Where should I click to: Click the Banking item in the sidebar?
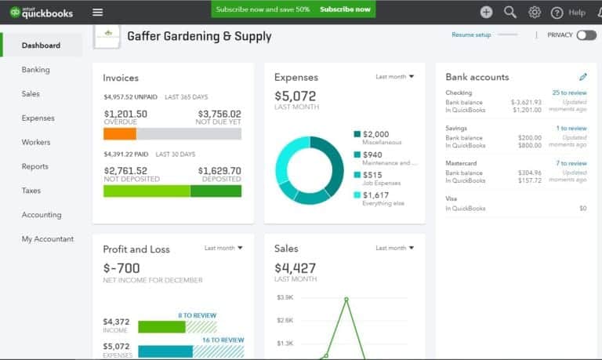(35, 70)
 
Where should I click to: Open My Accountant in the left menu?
(47, 239)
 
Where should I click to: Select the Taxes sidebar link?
(31, 191)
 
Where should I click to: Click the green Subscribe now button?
(345, 9)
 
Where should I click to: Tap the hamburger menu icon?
(97, 12)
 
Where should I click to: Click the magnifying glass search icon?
(510, 12)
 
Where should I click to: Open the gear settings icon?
(535, 12)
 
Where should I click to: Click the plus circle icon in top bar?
(486, 12)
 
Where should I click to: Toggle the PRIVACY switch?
(586, 35)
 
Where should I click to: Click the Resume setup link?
(471, 35)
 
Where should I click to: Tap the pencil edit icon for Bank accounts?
(582, 77)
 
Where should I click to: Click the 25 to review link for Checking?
(569, 93)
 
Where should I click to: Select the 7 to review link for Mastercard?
(571, 163)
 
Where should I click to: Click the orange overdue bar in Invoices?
(120, 134)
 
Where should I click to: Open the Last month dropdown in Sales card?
(395, 248)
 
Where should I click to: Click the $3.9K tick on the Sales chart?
(285, 298)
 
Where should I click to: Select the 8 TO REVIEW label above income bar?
(197, 315)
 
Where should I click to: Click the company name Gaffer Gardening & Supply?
(199, 36)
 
